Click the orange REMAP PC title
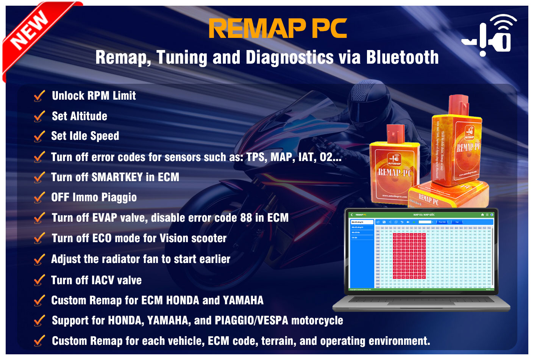coord(278,29)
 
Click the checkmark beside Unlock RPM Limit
coord(39,96)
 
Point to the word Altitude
coord(88,116)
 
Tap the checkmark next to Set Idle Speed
coord(39,136)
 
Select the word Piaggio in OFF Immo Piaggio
coord(119,197)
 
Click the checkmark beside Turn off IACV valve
coord(39,280)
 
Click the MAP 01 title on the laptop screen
coord(424,215)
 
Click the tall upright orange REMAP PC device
coord(457,144)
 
